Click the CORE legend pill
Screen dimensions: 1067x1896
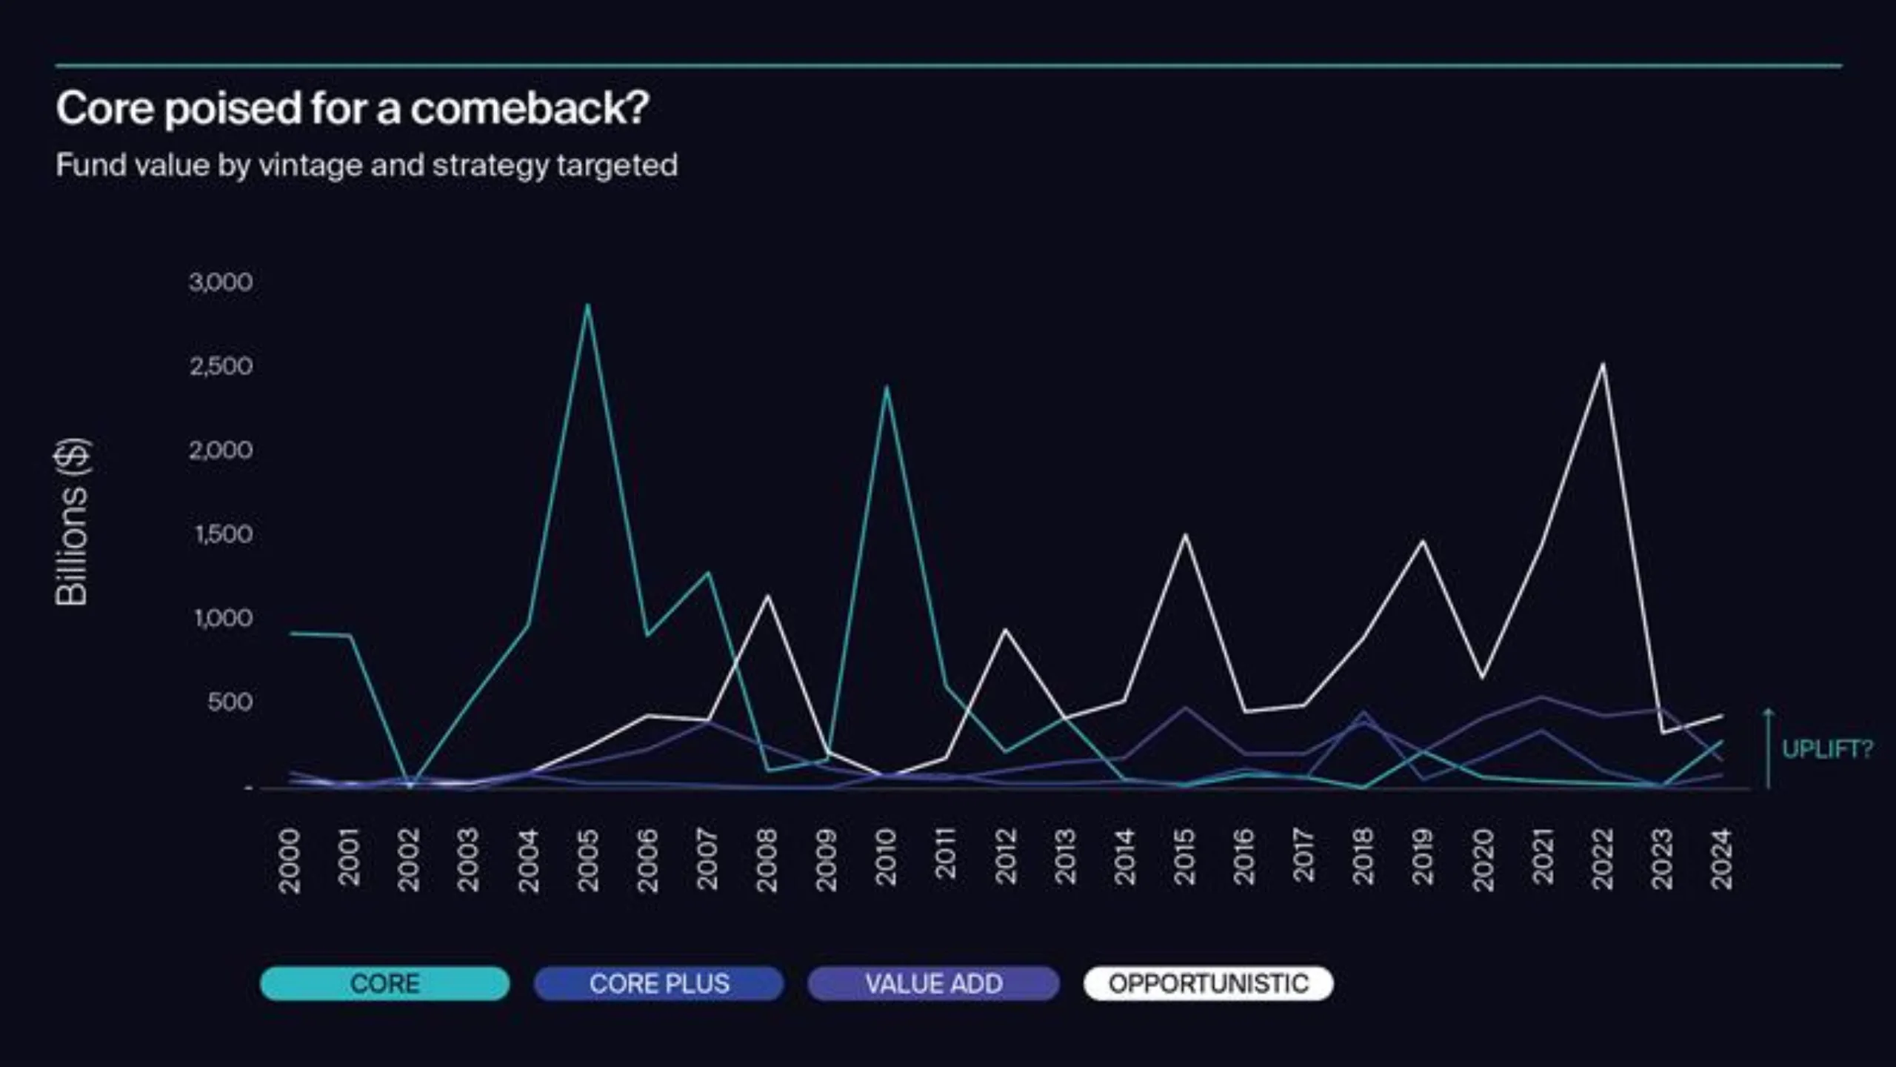click(384, 983)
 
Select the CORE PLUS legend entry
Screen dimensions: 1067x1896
click(658, 983)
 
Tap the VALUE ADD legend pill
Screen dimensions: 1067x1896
click(933, 983)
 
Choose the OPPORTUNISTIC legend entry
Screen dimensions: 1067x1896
click(1208, 983)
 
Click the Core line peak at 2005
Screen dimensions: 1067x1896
click(587, 305)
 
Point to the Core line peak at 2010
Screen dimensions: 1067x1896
click(886, 388)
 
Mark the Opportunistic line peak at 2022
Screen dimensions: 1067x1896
click(1603, 364)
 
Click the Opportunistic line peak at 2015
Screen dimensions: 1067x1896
click(1185, 534)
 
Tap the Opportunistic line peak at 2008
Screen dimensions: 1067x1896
click(767, 596)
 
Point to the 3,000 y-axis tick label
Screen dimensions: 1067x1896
click(221, 282)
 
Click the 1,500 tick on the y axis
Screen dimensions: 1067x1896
click(224, 534)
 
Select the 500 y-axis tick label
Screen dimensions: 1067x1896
click(230, 702)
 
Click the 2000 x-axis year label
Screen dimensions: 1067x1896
click(290, 860)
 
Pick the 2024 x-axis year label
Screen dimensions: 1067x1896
click(1722, 859)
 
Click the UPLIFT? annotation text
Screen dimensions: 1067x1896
click(1826, 749)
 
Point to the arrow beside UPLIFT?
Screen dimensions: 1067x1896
click(1768, 748)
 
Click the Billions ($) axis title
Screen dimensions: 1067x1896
click(73, 522)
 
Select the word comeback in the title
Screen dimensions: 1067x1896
click(529, 108)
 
